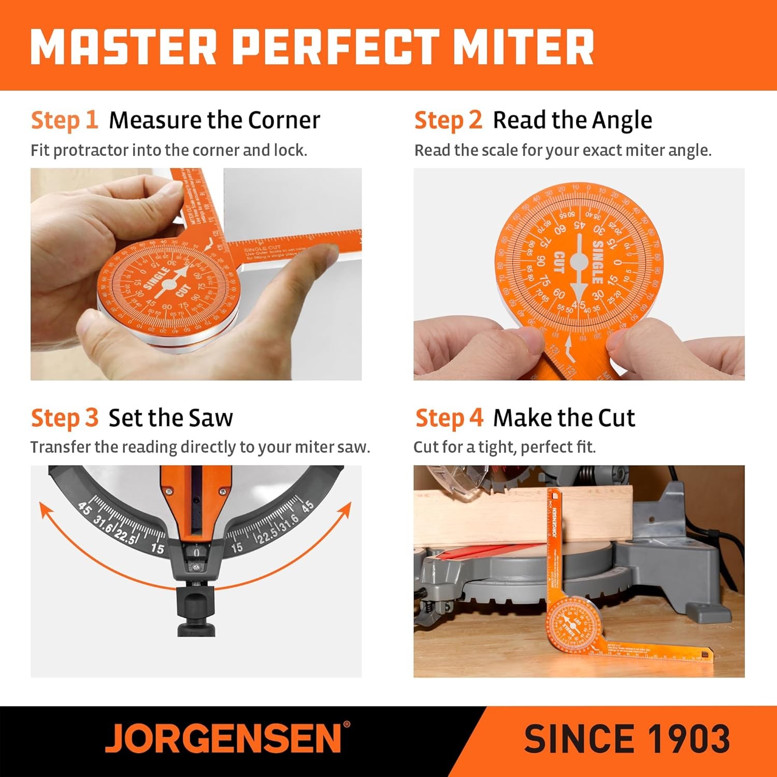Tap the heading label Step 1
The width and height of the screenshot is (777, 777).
[x=64, y=120]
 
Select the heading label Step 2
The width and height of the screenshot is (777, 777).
[x=448, y=120]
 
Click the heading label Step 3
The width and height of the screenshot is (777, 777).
[x=64, y=418]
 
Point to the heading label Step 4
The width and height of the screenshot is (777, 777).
[x=449, y=418]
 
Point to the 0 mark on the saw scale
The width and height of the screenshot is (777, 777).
[x=196, y=553]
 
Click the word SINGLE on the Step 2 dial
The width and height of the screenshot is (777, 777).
[x=597, y=262]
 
